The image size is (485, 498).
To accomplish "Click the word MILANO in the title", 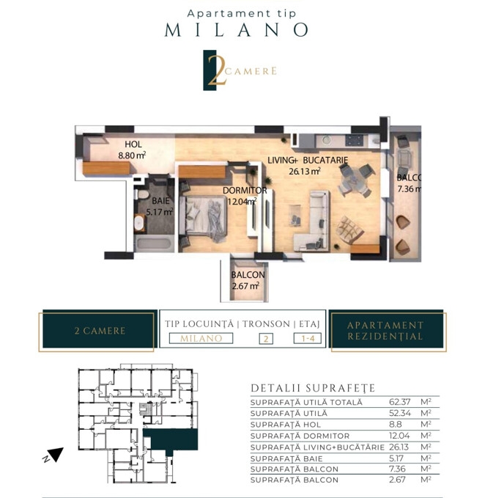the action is (237, 30).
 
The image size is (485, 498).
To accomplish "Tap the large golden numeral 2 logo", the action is (217, 70).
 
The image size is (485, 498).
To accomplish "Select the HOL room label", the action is (133, 144).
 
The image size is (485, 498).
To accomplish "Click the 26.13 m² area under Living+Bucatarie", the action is (305, 171).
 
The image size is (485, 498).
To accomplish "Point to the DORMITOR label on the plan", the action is (245, 191).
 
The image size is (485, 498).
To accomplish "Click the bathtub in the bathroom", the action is (154, 244).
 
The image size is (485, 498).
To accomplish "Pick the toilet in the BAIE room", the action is (142, 194).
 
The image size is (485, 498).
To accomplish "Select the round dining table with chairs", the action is (355, 181).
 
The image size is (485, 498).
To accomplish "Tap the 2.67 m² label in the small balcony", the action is (245, 286).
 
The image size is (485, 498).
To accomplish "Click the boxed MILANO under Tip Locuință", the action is (201, 338).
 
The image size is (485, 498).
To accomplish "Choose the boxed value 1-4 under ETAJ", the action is (308, 338).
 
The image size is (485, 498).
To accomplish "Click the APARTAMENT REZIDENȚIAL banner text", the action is (385, 331).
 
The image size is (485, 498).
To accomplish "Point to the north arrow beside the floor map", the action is (56, 454).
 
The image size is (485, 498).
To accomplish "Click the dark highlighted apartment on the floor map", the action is (171, 439).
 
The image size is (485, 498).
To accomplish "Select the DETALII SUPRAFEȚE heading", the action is (313, 388).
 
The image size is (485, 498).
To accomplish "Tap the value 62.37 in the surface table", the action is (400, 402).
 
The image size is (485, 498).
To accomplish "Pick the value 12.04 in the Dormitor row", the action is (399, 436).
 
